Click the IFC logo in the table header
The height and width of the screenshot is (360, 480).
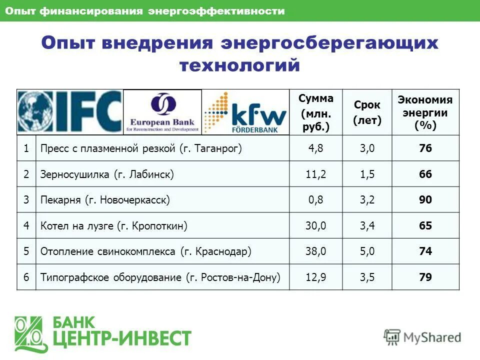point(69,111)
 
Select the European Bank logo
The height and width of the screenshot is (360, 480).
point(162,112)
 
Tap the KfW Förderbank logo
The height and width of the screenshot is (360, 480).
point(245,112)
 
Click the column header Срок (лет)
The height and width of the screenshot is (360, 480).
point(367,112)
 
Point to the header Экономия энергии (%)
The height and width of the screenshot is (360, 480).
point(425,112)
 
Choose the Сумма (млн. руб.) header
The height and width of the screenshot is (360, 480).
point(316,112)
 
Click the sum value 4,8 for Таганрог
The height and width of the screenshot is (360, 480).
point(316,148)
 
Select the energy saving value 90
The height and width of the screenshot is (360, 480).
point(425,200)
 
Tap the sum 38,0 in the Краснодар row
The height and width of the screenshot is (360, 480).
point(316,251)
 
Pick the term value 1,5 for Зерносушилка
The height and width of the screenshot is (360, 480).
point(367,174)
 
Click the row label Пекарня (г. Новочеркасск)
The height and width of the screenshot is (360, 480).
point(105,200)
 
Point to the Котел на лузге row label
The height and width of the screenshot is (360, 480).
point(114,226)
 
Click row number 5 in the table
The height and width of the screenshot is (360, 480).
point(26,251)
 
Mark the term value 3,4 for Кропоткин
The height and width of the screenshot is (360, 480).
point(367,226)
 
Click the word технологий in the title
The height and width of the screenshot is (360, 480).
point(239,65)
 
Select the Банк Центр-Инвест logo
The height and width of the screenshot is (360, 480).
point(102,332)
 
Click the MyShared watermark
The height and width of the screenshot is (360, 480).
point(422,337)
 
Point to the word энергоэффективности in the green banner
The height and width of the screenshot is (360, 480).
point(216,11)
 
